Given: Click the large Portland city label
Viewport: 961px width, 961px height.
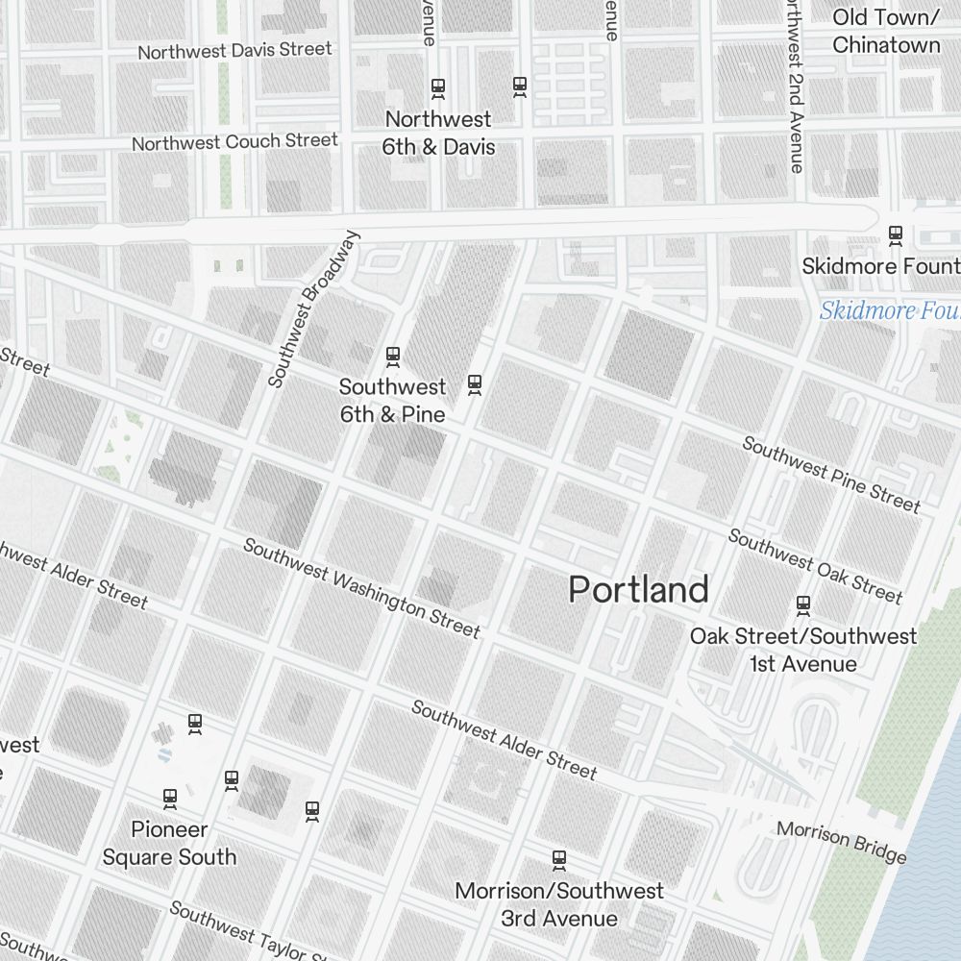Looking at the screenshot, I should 638,589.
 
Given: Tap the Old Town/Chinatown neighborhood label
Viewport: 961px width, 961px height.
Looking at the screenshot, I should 885,31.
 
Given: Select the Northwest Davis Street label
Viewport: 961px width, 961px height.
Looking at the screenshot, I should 234,50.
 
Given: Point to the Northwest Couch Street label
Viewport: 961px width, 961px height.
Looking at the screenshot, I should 234,142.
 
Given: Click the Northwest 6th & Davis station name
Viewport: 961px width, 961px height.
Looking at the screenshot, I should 438,133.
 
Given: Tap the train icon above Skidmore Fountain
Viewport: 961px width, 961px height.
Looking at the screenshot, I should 896,234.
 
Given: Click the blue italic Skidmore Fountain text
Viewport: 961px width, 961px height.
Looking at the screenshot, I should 889,311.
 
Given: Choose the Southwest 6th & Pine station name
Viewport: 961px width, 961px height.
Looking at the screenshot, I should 392,400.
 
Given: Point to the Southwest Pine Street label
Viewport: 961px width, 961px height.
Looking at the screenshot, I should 830,475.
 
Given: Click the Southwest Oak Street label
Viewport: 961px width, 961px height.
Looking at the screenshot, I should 815,566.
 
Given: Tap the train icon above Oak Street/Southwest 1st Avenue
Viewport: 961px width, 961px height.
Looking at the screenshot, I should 803,605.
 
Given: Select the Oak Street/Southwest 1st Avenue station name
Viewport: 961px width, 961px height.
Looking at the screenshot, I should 803,650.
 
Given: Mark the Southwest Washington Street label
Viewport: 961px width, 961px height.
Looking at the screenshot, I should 360,588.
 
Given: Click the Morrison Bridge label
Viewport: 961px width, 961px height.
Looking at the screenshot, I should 841,841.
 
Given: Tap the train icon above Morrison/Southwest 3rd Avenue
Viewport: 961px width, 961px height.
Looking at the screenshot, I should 558,858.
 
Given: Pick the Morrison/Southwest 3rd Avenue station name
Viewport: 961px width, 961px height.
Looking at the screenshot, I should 559,904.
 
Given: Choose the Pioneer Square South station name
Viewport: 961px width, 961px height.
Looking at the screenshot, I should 169,843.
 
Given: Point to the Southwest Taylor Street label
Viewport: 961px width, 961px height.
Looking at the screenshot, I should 250,932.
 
